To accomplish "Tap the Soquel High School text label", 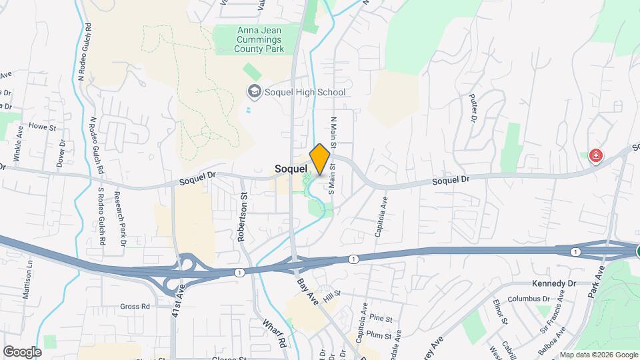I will pos(305,92).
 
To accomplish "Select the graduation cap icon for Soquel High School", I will pos(253,91).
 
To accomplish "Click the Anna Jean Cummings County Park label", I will pos(260,39).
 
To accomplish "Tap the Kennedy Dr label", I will pos(553,283).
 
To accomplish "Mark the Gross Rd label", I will pos(135,306).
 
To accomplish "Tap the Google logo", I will pos(22,351).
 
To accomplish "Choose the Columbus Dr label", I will pos(531,299).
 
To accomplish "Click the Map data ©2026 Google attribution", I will pos(598,355).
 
